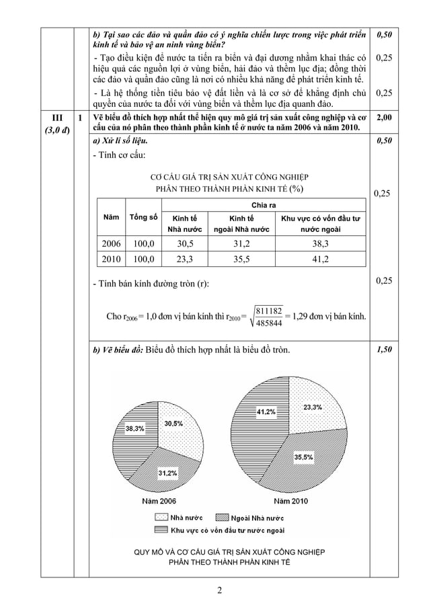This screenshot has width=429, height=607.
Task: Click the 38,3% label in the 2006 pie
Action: (133, 428)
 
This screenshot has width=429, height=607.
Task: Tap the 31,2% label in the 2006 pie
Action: (168, 473)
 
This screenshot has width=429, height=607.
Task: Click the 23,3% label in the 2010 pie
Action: (312, 407)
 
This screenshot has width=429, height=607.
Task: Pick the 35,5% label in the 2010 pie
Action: (303, 456)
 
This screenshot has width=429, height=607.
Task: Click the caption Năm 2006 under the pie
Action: (159, 501)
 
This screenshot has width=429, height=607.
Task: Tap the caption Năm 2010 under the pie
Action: (290, 501)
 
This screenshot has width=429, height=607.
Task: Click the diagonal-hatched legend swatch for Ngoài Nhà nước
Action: (222, 518)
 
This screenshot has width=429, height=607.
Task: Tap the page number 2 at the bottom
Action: (219, 592)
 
